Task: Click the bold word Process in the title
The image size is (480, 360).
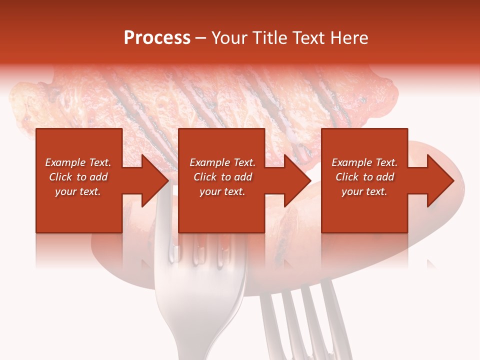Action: pyautogui.click(x=157, y=38)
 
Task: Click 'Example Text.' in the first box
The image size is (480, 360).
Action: pyautogui.click(x=78, y=162)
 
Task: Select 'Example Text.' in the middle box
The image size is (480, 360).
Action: pyautogui.click(x=222, y=162)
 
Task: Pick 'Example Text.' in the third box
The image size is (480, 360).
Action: pyautogui.click(x=364, y=162)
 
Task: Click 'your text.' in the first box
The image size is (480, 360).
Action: pyautogui.click(x=78, y=191)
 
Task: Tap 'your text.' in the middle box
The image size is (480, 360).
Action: pyautogui.click(x=222, y=191)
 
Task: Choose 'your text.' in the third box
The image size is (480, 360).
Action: pyautogui.click(x=364, y=191)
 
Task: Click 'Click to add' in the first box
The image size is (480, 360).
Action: pyautogui.click(x=78, y=177)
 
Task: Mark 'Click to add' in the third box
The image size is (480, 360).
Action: pyautogui.click(x=364, y=177)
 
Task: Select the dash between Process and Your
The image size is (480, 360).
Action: pyautogui.click(x=201, y=38)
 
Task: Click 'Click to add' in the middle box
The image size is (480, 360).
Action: pyautogui.click(x=222, y=177)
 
